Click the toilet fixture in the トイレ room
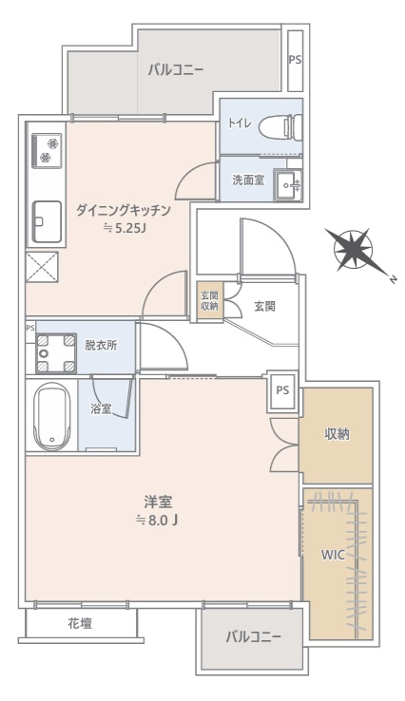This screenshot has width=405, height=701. coord(280,126)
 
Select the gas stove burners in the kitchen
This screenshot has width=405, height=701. coord(47,151)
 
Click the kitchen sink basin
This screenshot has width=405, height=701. coord(47,222)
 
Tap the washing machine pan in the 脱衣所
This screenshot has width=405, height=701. coord(56,353)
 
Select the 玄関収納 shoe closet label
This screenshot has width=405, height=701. coord(209,301)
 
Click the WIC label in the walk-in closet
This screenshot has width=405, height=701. coord(333,556)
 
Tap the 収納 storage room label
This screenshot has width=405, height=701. coord(337,434)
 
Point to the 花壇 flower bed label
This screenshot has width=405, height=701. coord(80,623)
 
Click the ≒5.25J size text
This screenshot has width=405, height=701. coord(125,229)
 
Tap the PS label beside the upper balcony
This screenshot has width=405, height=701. coord(295,60)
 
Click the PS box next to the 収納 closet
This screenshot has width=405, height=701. coord(282,391)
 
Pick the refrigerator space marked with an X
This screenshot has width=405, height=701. coord(42,267)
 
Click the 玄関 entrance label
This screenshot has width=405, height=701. coord(265,307)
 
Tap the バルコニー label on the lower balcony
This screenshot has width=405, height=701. coord(254,636)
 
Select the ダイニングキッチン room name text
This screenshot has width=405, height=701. coord(123,211)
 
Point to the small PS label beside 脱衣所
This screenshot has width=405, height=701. coord(30,328)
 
